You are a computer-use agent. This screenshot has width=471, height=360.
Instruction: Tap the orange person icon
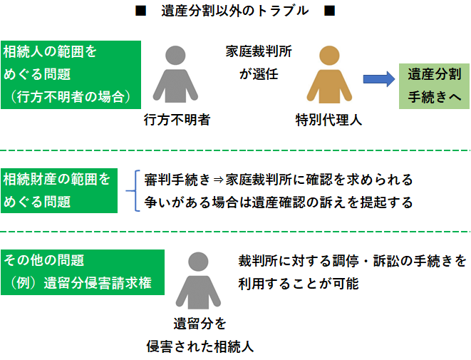pos(328,74)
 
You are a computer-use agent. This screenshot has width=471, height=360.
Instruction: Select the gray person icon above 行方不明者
pos(175,74)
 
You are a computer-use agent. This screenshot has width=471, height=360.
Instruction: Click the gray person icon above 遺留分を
pos(200,281)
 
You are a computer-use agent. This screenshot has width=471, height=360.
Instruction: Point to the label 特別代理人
pos(328,119)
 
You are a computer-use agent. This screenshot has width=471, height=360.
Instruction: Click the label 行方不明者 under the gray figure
pos(175,119)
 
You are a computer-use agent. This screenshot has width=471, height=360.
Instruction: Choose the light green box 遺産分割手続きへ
pos(433,85)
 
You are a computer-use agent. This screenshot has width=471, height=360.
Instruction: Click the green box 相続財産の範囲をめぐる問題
pos(59,190)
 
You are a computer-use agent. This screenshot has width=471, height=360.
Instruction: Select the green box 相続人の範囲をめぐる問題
pos(71,74)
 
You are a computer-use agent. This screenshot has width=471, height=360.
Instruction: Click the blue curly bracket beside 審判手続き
pos(132,190)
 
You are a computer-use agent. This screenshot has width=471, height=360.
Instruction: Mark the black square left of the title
pos(140,11)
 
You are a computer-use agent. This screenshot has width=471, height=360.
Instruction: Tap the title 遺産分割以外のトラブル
pos(234,11)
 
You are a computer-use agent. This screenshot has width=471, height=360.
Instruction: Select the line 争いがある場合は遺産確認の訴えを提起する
pos(278,202)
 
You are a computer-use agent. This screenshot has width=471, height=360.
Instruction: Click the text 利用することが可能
pos(299,284)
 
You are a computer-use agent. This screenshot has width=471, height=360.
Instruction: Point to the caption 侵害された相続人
pos(200,346)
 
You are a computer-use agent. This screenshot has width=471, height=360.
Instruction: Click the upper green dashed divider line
pos(235,150)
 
